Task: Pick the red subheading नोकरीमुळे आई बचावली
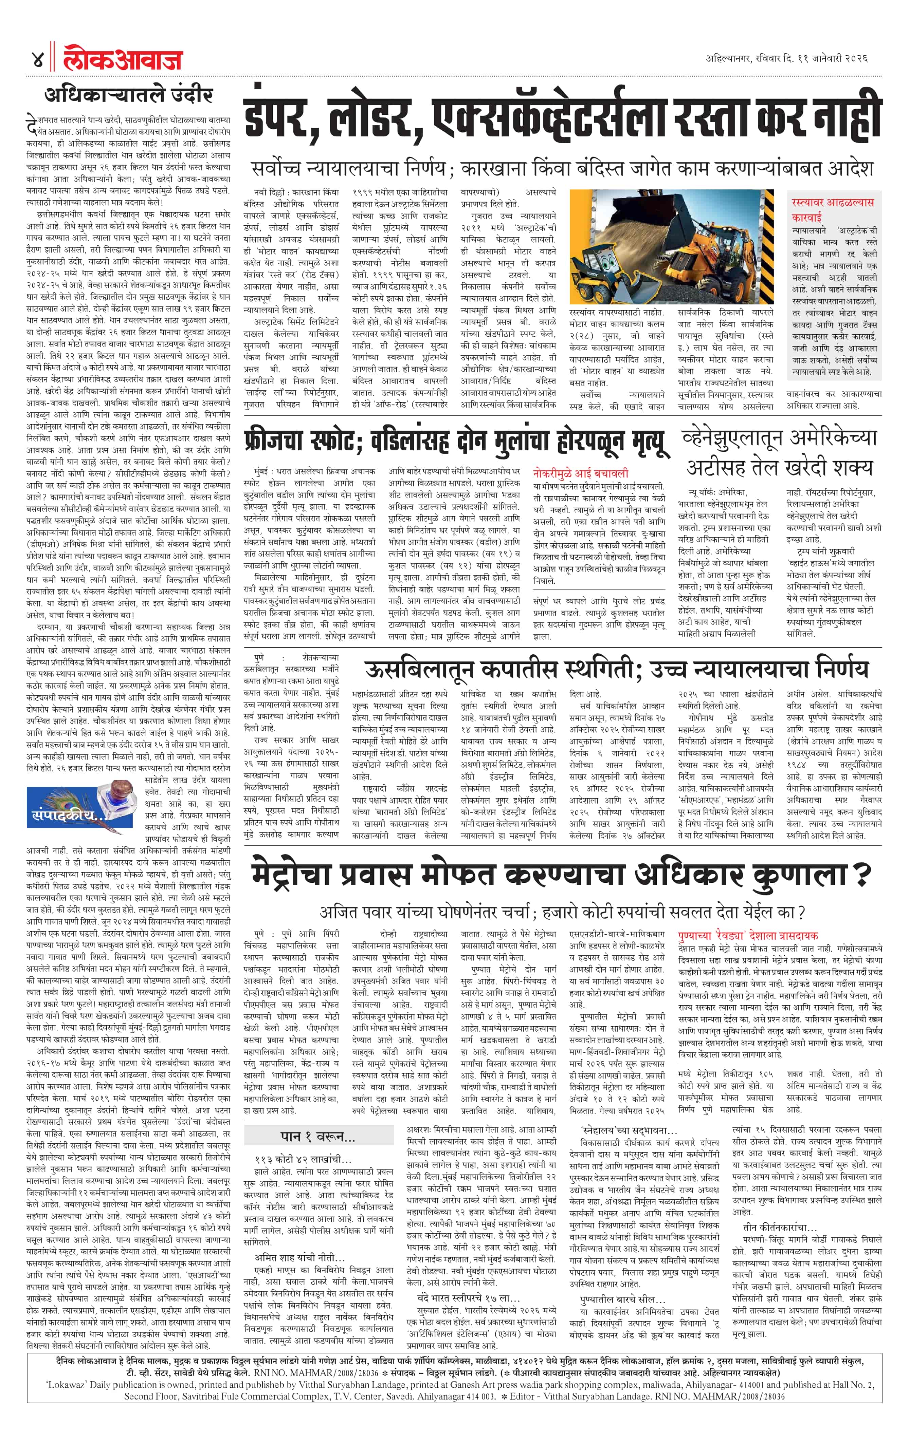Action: (580, 473)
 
